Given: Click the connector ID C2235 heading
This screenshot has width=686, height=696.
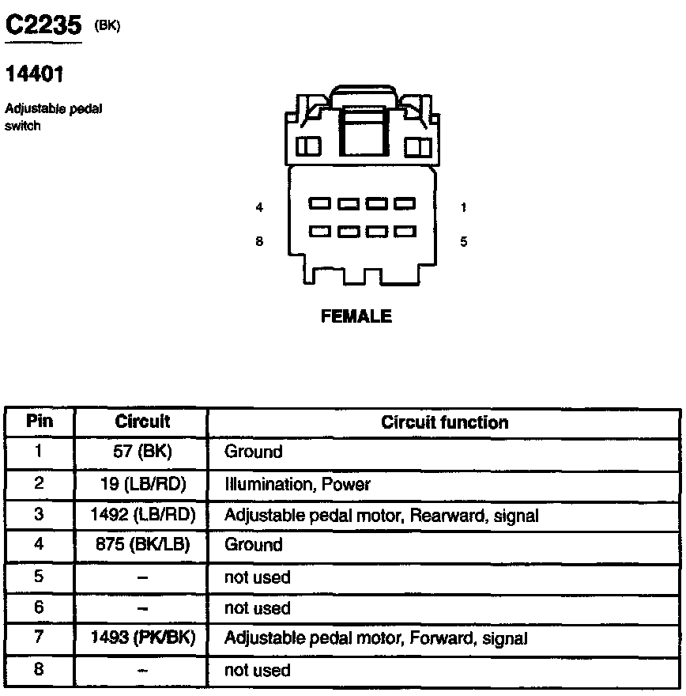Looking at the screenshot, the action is pyautogui.click(x=43, y=26).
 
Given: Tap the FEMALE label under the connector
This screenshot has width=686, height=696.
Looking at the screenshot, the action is pyautogui.click(x=356, y=316).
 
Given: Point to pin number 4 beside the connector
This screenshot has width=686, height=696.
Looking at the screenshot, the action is pyautogui.click(x=259, y=208).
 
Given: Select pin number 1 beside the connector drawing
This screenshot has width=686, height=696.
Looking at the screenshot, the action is pyautogui.click(x=463, y=208).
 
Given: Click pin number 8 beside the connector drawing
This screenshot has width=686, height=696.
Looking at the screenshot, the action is pyautogui.click(x=259, y=241).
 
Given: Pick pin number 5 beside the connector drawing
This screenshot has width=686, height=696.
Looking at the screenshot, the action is pyautogui.click(x=463, y=241).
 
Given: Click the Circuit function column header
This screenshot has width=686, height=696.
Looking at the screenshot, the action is pyautogui.click(x=444, y=422).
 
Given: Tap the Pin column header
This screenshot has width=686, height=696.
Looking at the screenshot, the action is pyautogui.click(x=40, y=421).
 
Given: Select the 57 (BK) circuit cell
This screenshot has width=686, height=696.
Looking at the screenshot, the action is pyautogui.click(x=142, y=452).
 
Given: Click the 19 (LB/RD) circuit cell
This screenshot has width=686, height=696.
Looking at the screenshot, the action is pyautogui.click(x=142, y=484).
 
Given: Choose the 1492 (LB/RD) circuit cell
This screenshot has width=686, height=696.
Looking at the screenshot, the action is pyautogui.click(x=142, y=516).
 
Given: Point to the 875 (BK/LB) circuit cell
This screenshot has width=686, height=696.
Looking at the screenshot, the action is pyautogui.click(x=142, y=545).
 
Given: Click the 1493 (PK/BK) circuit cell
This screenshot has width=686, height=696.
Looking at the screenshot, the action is pyautogui.click(x=142, y=637).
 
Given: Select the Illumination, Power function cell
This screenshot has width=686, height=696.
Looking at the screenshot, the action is pyautogui.click(x=297, y=484).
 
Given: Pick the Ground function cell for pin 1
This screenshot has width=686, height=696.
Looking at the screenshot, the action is pyautogui.click(x=253, y=452).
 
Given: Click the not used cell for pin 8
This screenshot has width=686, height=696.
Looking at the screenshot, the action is pyautogui.click(x=257, y=671).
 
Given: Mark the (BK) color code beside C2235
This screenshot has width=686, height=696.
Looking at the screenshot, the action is pyautogui.click(x=107, y=25).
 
